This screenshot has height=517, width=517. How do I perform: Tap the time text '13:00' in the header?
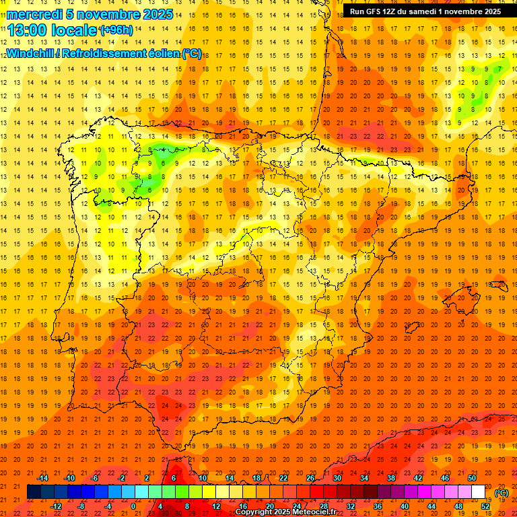(28, 30)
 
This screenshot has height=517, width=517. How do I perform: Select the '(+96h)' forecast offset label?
(116, 30)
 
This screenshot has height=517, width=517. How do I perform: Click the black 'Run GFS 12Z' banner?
(425, 11)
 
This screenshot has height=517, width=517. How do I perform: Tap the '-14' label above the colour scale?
(43, 477)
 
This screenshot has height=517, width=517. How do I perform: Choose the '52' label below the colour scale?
(485, 506)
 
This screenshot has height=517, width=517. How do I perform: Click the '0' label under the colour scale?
(133, 506)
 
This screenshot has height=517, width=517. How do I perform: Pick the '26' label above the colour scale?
(310, 477)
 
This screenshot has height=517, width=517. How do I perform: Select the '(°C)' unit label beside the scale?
(502, 492)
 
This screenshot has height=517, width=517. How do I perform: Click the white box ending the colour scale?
(478, 492)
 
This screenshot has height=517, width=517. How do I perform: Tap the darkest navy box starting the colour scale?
(34, 492)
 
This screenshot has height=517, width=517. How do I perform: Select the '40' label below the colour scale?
(404, 506)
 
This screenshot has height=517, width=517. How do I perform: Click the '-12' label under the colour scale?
(57, 506)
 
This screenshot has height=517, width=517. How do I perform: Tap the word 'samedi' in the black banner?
(417, 11)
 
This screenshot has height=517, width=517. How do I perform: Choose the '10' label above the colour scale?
(203, 477)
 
